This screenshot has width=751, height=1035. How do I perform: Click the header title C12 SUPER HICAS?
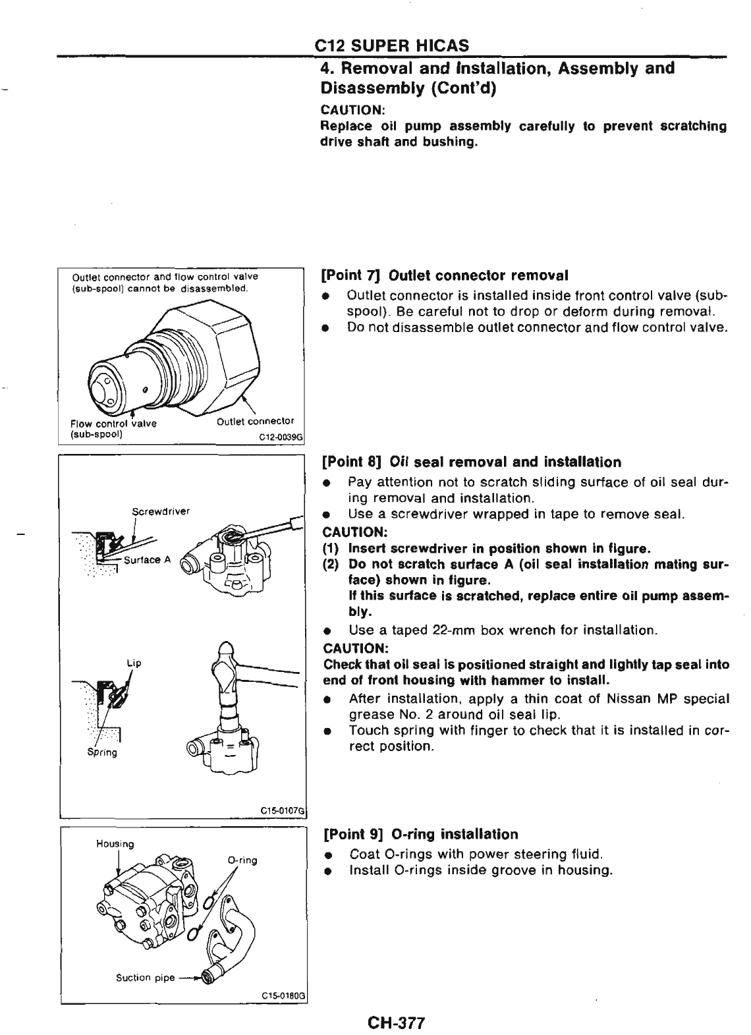pos(392,45)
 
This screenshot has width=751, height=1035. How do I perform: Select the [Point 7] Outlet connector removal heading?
pos(445,275)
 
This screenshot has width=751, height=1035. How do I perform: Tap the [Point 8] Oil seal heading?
pos(472,462)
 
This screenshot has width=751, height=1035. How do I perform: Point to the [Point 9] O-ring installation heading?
pos(421,835)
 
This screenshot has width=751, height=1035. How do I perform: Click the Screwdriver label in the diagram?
pos(161,510)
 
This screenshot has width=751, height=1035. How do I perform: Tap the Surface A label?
pos(148,560)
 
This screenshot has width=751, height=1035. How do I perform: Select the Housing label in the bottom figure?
pos(115,844)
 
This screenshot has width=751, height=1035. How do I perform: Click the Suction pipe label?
pos(145,978)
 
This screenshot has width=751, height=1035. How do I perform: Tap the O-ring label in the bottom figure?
pos(242,860)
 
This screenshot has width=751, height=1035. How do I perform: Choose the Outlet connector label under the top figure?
pos(256,422)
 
